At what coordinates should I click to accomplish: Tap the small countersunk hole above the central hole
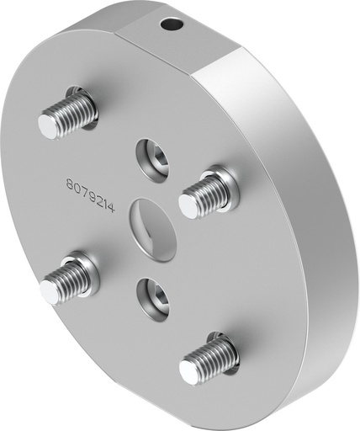[x=152, y=156]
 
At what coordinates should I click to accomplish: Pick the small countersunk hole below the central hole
[x=154, y=295]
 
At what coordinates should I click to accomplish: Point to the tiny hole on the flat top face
[x=174, y=26]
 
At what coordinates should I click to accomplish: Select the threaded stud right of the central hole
[x=205, y=194]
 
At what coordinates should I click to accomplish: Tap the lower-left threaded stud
[x=69, y=279]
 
